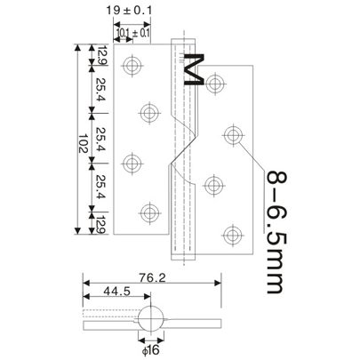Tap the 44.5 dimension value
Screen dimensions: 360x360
click(x=113, y=292)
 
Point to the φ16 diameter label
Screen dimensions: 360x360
click(x=150, y=349)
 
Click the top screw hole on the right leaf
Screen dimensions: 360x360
click(x=216, y=84)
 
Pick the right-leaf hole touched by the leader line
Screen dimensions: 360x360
click(x=233, y=135)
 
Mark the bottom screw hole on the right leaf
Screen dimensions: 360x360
click(x=232, y=235)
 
